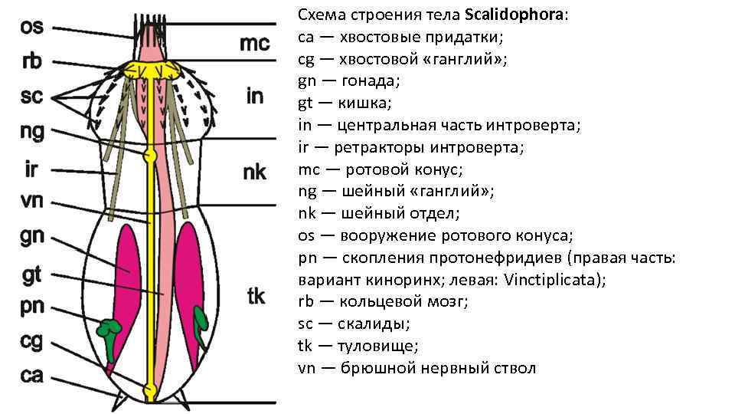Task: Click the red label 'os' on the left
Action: [x=31, y=27]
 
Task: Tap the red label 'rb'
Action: [x=31, y=61]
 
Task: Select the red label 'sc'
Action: [x=31, y=97]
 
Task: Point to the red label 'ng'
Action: [x=32, y=133]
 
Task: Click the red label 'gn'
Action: [x=32, y=237]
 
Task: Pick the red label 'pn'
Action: [x=32, y=307]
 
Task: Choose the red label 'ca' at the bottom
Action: [x=31, y=375]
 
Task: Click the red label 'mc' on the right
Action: [x=254, y=43]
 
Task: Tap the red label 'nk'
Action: [x=254, y=172]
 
